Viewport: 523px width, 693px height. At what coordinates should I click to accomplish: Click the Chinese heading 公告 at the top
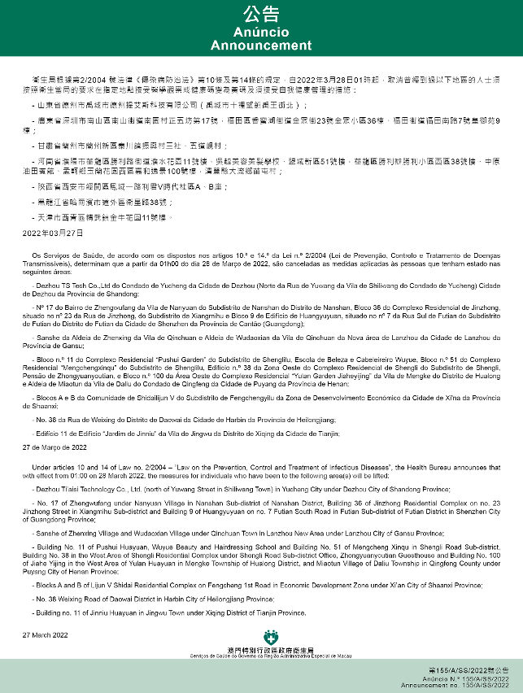click(x=261, y=14)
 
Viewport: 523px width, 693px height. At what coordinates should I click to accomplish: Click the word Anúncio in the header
click(x=261, y=31)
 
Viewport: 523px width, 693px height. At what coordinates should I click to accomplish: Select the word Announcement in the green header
click(x=261, y=46)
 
